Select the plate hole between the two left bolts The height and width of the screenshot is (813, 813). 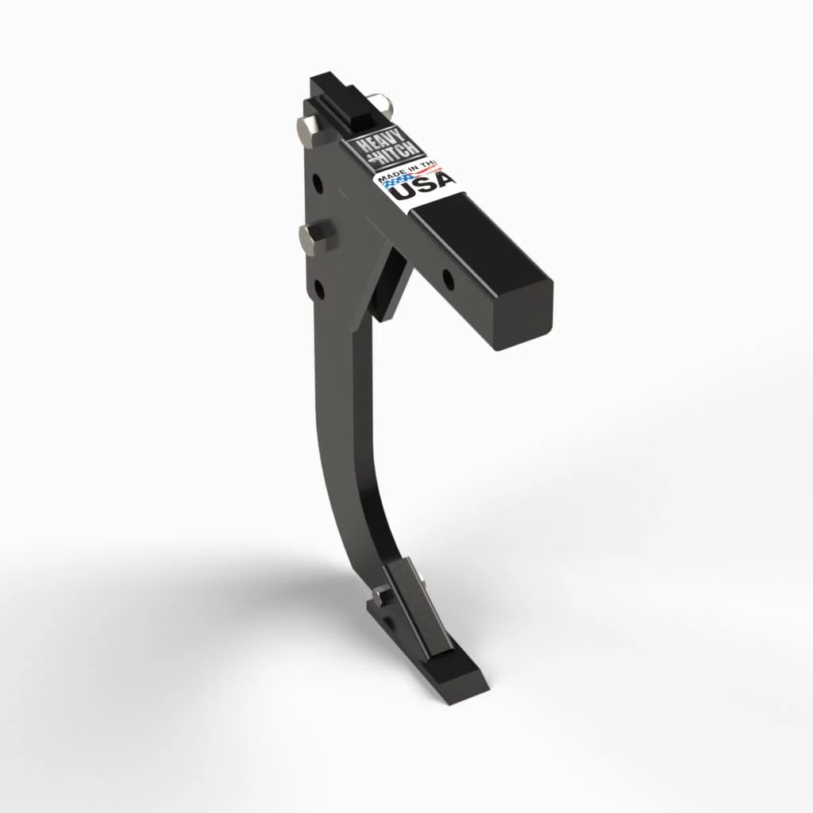click(318, 185)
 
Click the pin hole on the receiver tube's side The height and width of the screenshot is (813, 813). click(448, 279)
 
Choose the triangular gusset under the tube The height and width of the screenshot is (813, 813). click(394, 282)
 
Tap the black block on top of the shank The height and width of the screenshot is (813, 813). click(342, 99)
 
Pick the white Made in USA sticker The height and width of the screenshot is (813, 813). click(417, 184)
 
